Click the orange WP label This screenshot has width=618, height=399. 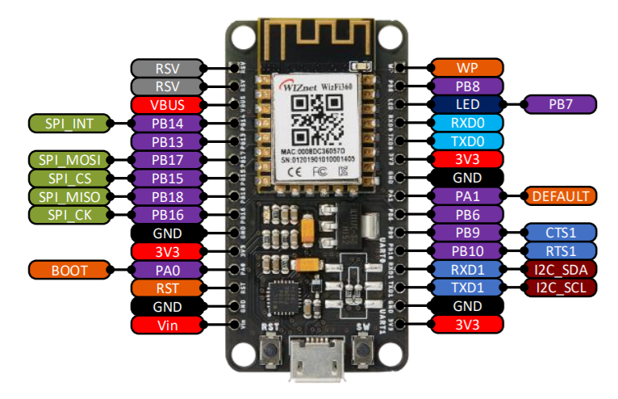(x=468, y=67)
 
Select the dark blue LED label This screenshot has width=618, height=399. (x=468, y=104)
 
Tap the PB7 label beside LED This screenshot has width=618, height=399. (x=560, y=104)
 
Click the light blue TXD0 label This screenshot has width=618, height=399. (x=468, y=141)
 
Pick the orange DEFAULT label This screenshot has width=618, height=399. (x=560, y=196)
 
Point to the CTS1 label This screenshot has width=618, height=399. (x=560, y=233)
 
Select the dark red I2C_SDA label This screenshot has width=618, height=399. (x=560, y=270)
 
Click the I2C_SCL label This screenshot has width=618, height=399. (x=560, y=288)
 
